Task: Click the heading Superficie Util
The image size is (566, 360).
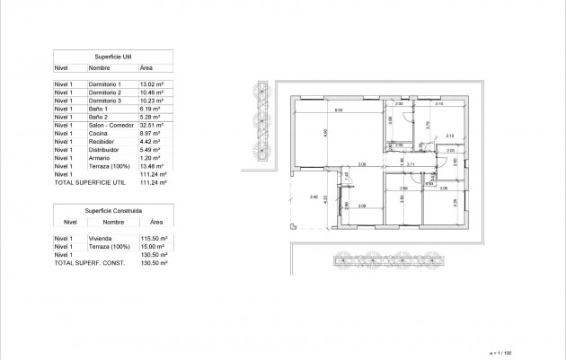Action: (113, 56)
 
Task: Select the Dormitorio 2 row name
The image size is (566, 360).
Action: (104, 92)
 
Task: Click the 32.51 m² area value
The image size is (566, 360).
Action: (150, 125)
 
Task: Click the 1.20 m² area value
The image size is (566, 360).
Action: (148, 157)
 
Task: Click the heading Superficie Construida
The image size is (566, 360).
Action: (113, 209)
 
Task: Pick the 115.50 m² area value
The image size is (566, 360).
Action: (153, 239)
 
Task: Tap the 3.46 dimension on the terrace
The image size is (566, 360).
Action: (313, 197)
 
